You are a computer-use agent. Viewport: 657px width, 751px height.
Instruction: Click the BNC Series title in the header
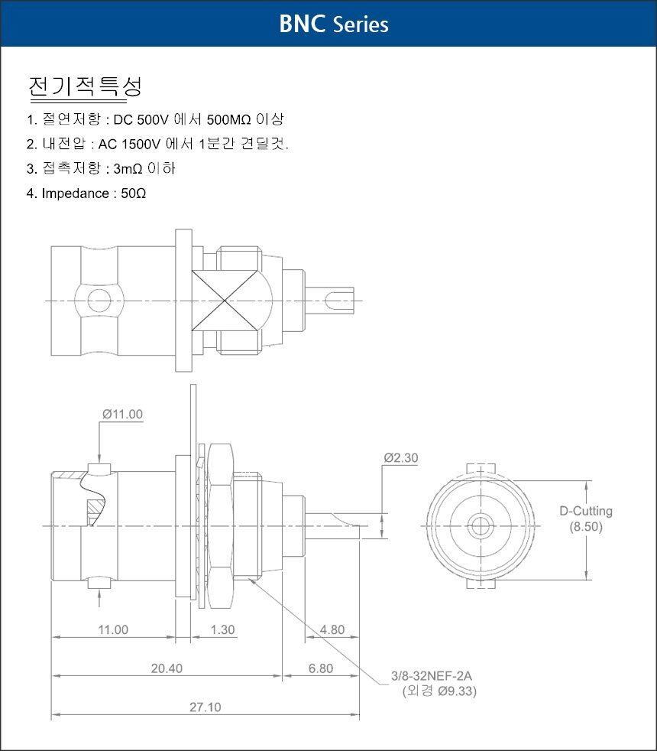point(334,24)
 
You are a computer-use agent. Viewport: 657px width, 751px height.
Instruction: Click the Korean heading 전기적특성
point(85,86)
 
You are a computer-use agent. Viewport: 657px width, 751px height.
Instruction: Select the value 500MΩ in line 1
point(228,119)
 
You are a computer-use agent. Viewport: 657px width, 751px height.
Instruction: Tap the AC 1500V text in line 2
point(129,144)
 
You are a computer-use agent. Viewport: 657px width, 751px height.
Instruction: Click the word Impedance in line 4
point(76,193)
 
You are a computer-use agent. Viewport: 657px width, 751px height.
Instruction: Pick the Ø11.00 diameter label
point(122,415)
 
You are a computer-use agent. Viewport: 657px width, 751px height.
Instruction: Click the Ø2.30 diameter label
point(401,458)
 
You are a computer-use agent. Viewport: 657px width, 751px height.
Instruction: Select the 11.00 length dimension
point(113,629)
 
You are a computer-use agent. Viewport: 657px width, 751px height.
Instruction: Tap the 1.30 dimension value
point(223,629)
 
